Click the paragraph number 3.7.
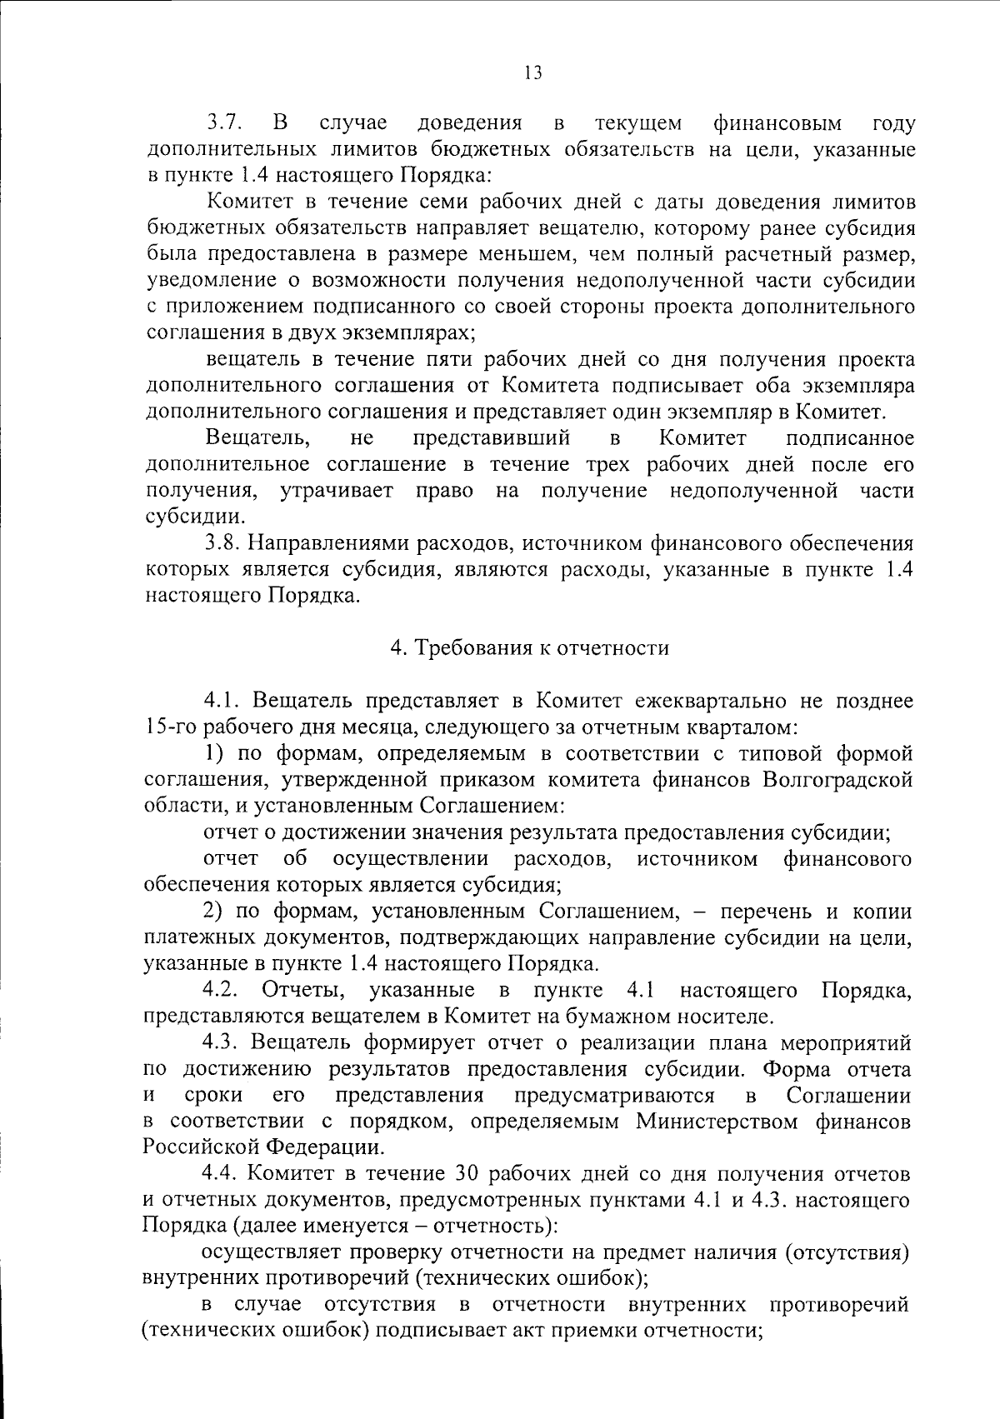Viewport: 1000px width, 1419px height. click(224, 124)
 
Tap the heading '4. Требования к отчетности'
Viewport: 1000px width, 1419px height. click(530, 647)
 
